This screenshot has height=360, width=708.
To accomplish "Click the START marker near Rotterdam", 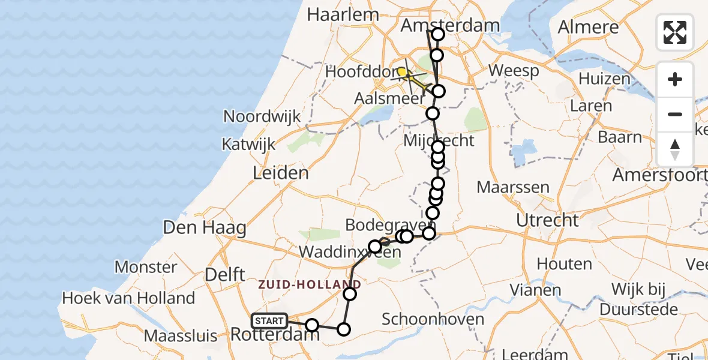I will point(269,321).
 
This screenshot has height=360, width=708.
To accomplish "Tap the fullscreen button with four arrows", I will point(675,32).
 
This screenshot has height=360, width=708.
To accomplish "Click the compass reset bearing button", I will point(675,149).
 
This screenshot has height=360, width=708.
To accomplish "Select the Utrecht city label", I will point(547,220).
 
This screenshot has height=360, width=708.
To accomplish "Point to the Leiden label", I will point(281,173).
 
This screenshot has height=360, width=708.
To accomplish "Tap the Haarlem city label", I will point(343,14).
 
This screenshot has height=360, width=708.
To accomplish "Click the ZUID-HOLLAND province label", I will point(310,284).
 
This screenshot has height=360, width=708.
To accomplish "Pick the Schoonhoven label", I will point(433,319).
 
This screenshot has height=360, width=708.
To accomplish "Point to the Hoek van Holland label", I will point(128,298).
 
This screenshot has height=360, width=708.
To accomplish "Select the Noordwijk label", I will point(262,116).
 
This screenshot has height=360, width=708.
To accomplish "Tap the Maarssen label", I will point(513,187).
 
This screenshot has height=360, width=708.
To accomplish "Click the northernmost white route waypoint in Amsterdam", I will point(438,34).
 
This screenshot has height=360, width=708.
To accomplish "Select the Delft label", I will point(225,275).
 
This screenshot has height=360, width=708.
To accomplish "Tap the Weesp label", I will point(514,71).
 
